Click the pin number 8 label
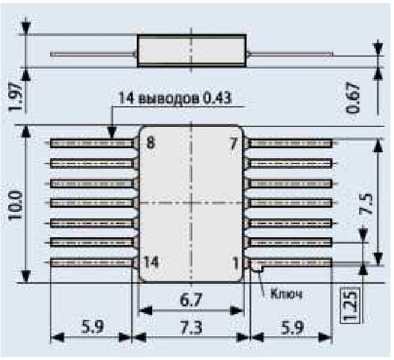point(150,143)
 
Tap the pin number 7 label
point(234,143)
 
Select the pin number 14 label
point(151,261)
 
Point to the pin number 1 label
point(236,263)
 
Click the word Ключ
point(286,293)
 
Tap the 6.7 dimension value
point(191,300)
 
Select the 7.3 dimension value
point(191,328)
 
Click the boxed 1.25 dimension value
point(350,306)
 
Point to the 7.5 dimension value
point(366,204)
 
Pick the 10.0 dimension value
point(15,205)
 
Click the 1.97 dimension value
point(15,97)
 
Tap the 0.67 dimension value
point(353,99)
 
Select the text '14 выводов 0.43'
point(175,98)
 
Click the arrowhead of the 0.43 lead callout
point(112,133)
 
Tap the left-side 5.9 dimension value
point(92,326)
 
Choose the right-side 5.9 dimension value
point(292,328)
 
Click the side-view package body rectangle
point(192,51)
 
